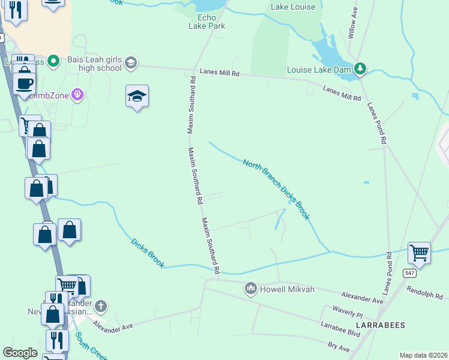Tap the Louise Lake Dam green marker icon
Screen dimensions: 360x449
[360, 70]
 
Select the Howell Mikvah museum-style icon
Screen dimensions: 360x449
[251, 289]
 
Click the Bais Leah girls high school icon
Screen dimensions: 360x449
[130, 62]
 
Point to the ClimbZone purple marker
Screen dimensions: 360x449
[77, 94]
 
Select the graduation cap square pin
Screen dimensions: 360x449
[137, 96]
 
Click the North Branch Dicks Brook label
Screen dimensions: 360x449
[276, 188]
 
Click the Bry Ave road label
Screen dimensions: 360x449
[339, 347]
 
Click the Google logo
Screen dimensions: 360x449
[20, 353]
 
